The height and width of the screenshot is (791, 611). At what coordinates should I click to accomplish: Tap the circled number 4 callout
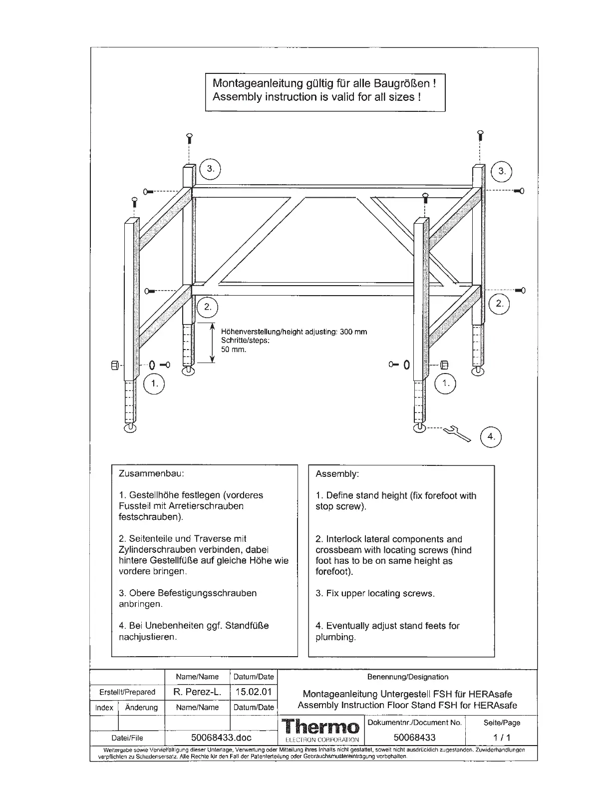click(x=491, y=437)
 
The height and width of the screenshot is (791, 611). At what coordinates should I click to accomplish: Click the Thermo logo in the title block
click(x=320, y=727)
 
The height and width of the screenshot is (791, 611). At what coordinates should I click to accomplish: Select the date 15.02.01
click(x=254, y=692)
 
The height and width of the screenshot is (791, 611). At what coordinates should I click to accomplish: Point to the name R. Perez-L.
click(x=197, y=692)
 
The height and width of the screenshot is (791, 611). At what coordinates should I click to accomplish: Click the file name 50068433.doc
click(x=221, y=738)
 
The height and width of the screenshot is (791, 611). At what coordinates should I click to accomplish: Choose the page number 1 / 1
click(x=502, y=738)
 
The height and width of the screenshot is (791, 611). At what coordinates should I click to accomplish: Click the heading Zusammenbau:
click(x=151, y=473)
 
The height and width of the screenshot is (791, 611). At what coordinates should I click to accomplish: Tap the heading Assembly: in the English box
click(x=337, y=474)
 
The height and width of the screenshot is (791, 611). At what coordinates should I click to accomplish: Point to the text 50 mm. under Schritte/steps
click(x=234, y=350)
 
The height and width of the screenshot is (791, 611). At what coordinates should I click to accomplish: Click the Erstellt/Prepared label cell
click(x=127, y=692)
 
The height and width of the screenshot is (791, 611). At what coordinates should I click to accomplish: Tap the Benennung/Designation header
click(x=407, y=677)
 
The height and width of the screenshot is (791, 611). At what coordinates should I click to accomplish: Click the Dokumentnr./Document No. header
click(x=415, y=723)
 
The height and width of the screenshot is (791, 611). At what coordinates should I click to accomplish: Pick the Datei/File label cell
click(x=127, y=738)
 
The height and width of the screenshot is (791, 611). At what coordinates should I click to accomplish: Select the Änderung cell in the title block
click(x=141, y=708)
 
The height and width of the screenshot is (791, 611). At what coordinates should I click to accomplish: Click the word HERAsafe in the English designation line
click(x=495, y=706)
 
